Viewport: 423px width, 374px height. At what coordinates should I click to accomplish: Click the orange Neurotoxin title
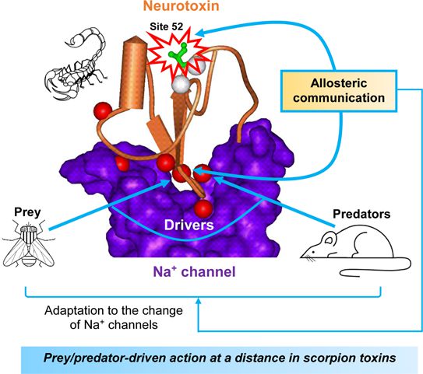[181, 5]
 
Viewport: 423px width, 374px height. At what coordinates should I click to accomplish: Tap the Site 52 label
[166, 26]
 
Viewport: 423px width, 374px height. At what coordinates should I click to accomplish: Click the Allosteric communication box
[339, 91]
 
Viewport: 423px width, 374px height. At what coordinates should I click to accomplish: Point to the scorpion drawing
[75, 64]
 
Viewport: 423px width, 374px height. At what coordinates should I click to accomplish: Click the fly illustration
[28, 243]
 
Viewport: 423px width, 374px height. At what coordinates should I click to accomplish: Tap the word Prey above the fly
[27, 212]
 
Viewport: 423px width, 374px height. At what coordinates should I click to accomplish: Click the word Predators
[361, 214]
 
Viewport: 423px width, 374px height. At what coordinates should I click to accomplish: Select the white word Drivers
[189, 225]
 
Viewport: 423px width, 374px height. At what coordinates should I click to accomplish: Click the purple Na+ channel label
[194, 271]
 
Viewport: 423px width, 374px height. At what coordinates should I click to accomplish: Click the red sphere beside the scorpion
[103, 110]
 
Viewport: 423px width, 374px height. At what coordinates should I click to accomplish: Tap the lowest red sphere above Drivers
[203, 208]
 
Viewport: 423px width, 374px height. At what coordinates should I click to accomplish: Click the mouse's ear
[330, 239]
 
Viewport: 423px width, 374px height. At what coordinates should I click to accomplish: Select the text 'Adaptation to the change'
[114, 311]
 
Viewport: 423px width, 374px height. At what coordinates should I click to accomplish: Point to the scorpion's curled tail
[88, 37]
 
